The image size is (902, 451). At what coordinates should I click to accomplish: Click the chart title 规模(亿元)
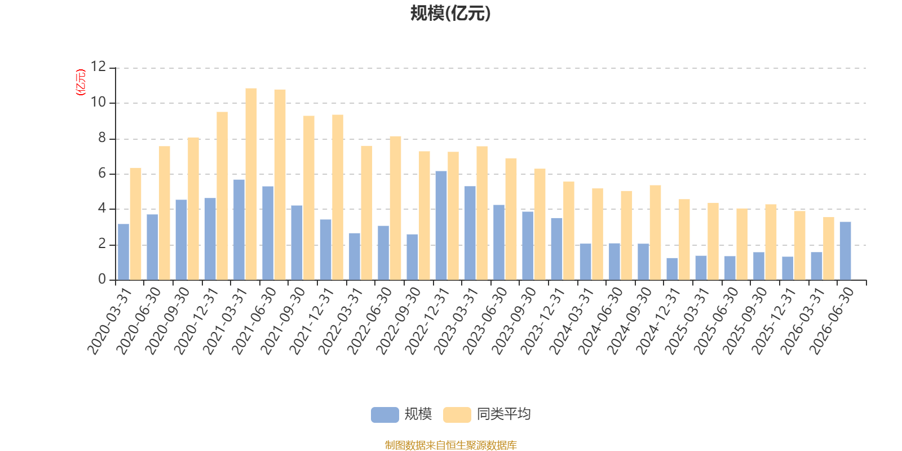coord(450,14)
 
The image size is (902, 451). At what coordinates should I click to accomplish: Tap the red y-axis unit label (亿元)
coord(81,82)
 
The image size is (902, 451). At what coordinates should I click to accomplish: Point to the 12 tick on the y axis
coord(98,67)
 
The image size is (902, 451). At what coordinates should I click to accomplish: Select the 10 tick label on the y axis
coord(98,102)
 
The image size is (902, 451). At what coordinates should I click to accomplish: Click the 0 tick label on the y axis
coord(102,279)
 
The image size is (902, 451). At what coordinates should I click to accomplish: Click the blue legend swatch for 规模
coord(384,414)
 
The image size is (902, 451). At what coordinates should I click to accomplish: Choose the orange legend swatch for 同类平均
coord(457,414)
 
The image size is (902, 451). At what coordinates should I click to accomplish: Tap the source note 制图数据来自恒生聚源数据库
coord(450,445)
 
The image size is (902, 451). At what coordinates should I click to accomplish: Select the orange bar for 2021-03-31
coord(251,184)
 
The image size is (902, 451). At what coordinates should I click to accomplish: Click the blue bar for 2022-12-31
coord(441,225)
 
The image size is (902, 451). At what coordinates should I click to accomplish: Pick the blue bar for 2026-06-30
coord(845,251)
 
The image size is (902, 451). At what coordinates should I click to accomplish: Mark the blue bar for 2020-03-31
coord(123,252)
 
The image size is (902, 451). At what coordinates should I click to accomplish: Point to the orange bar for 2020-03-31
coord(135,224)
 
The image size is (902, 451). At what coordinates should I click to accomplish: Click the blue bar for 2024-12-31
coord(672,269)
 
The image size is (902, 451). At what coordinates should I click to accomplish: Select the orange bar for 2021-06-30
coord(280,185)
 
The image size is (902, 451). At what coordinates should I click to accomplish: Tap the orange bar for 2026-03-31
coord(828,249)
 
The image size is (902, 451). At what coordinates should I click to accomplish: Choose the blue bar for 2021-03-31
coord(239,230)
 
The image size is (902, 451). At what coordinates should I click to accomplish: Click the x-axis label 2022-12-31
coord(427,321)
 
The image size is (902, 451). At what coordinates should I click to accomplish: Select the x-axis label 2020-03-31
coord(109,321)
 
